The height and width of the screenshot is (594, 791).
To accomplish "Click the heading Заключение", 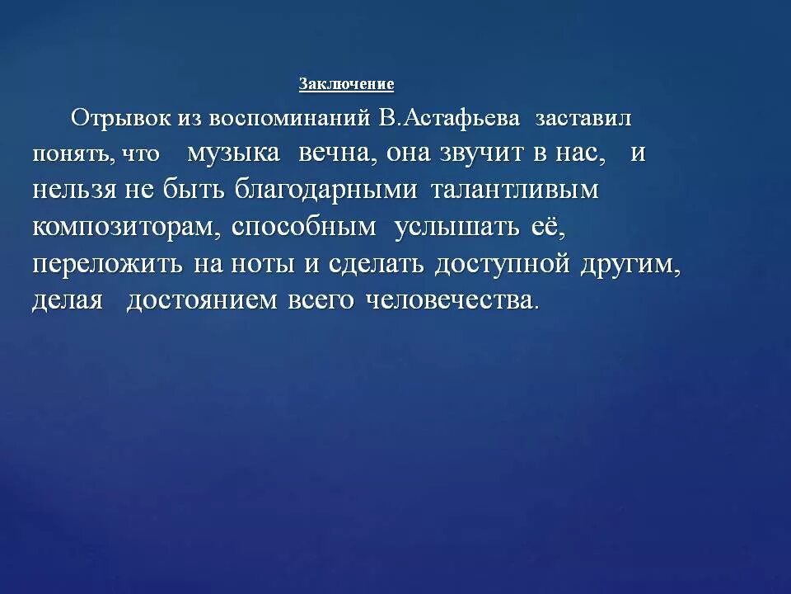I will tap(346, 84).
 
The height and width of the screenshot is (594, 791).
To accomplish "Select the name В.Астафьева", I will tap(450, 118).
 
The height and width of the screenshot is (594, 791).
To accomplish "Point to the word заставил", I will tap(583, 118).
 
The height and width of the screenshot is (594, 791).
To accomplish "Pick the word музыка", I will tap(233, 153).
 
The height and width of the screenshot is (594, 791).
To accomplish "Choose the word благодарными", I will tap(325, 191).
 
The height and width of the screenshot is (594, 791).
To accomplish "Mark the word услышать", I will tap(457, 228).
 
